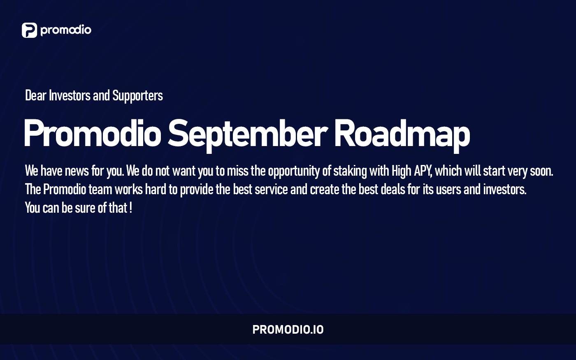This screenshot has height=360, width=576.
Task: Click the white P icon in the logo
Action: click(x=29, y=30)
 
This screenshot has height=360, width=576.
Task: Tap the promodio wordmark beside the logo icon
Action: click(x=66, y=30)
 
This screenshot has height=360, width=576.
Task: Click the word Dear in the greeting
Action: click(x=35, y=95)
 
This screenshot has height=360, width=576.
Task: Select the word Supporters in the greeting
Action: click(x=137, y=96)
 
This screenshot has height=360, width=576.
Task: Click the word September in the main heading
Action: click(x=247, y=134)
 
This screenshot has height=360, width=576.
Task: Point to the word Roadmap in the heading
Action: click(x=402, y=134)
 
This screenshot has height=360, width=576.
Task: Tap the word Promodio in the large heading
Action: click(x=93, y=134)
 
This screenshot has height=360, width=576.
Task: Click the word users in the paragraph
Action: click(x=448, y=189)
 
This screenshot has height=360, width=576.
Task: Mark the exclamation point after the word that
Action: click(x=130, y=208)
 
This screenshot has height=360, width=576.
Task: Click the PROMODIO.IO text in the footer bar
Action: click(x=288, y=330)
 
